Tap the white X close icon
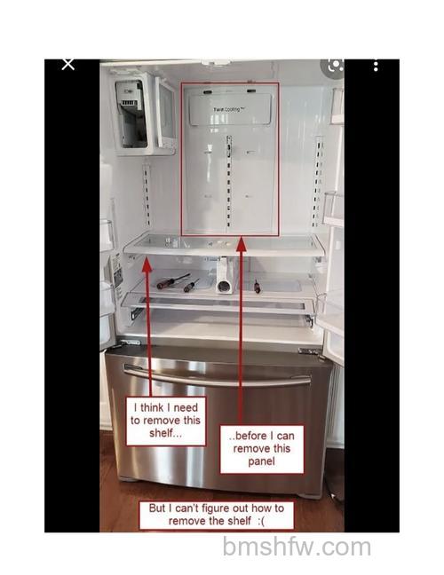(x=67, y=64)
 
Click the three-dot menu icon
(x=376, y=67)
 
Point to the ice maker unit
(x=131, y=114)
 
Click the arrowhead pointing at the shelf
(x=147, y=264)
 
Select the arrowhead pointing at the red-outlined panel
(x=241, y=244)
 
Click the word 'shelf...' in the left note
(x=165, y=433)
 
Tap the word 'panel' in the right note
(x=261, y=461)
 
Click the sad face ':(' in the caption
(x=261, y=521)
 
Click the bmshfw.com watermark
(x=297, y=547)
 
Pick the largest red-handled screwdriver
(x=173, y=281)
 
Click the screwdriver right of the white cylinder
(x=257, y=287)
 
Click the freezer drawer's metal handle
(x=217, y=375)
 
